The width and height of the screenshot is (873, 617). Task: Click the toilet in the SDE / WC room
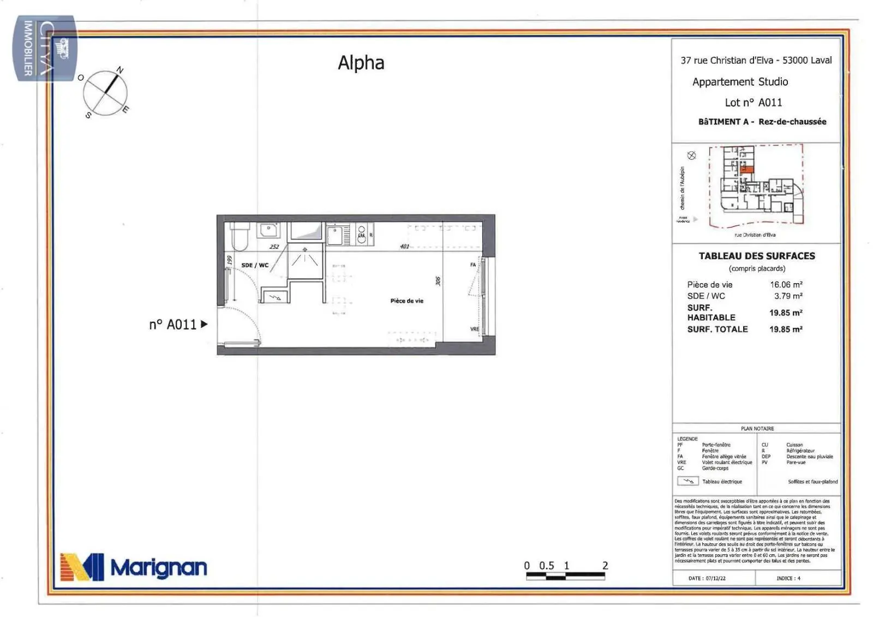click(x=240, y=236)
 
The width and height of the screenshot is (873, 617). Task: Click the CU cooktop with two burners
click(x=361, y=235)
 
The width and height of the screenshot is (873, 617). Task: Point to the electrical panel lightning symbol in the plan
click(x=275, y=297)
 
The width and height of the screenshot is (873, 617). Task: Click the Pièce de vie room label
click(x=406, y=301)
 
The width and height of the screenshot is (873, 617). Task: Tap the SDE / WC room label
click(x=255, y=265)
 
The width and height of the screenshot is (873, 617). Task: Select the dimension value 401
click(x=404, y=247)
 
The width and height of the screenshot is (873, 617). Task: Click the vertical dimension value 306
click(x=438, y=280)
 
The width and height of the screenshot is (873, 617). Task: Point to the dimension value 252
click(x=274, y=247)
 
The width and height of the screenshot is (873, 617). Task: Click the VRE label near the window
click(x=474, y=329)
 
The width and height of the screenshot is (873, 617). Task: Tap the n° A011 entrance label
click(x=172, y=325)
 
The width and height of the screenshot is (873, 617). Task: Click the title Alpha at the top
click(x=361, y=63)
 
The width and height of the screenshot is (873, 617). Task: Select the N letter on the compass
click(x=120, y=70)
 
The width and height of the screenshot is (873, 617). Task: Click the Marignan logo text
click(x=159, y=568)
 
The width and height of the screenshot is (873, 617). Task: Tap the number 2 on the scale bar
click(x=605, y=566)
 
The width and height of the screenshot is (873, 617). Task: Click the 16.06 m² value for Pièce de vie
click(x=786, y=284)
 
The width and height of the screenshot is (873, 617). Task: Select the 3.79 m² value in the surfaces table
click(x=788, y=296)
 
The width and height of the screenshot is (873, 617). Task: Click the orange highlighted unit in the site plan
click(x=750, y=170)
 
